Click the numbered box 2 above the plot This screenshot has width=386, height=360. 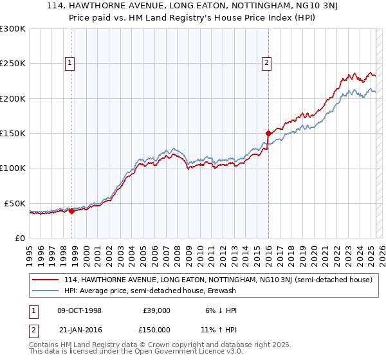pyautogui.click(x=266, y=62)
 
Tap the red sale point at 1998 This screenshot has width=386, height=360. pyautogui.click(x=71, y=211)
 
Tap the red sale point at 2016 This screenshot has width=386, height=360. pyautogui.click(x=268, y=134)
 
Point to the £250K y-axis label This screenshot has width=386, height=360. pyautogui.click(x=13, y=64)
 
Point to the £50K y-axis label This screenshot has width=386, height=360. pyautogui.click(x=15, y=203)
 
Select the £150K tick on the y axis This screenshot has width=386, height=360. pyautogui.click(x=13, y=133)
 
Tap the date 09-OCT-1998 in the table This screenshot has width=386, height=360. pyautogui.click(x=79, y=310)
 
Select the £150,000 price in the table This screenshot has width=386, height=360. pyautogui.click(x=156, y=329)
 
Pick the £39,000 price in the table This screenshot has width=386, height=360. pyautogui.click(x=156, y=310)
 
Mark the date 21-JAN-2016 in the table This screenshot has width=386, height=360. pyautogui.click(x=79, y=329)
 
